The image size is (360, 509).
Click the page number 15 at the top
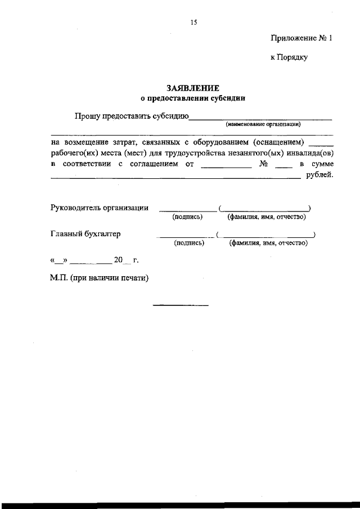[x=194, y=22]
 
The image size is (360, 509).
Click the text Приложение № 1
[x=302, y=39]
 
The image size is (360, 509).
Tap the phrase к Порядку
[x=289, y=57]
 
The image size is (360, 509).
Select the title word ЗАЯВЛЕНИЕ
[x=193, y=88]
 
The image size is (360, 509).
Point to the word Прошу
[x=87, y=117]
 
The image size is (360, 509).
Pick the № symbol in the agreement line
[x=263, y=164]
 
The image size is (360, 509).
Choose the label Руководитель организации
[x=100, y=208]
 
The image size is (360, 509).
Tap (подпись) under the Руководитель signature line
[x=187, y=217]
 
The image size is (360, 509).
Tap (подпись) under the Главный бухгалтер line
[x=189, y=243]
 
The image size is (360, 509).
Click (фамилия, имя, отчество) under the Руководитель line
[x=265, y=217]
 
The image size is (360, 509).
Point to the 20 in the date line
[x=118, y=260]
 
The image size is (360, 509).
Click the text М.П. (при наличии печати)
[x=100, y=277]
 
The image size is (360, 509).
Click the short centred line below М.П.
[x=181, y=305]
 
